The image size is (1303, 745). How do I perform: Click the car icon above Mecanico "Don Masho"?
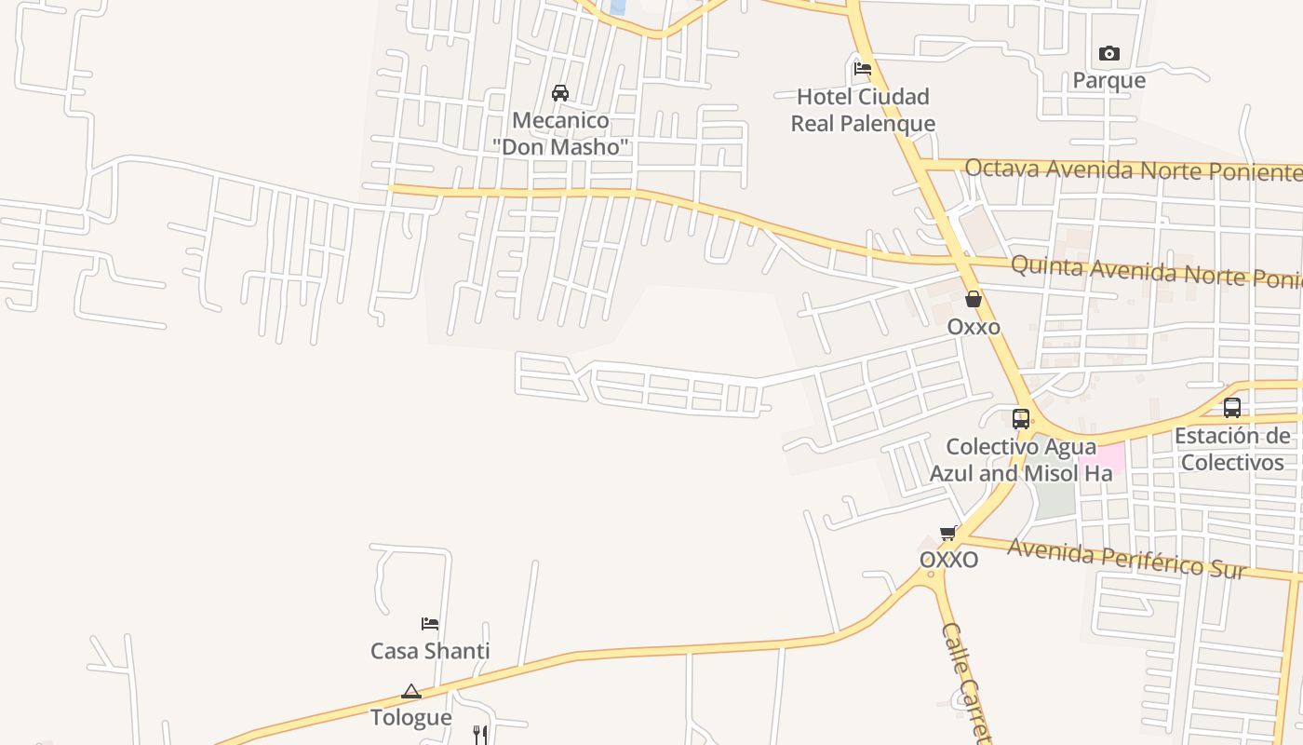[x=560, y=92]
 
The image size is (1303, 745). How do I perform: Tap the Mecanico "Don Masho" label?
[x=561, y=133]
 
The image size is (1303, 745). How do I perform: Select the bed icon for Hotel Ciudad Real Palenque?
[x=863, y=68]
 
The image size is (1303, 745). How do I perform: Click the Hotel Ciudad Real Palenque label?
[x=863, y=110]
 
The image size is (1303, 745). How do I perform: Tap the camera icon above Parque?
[x=1108, y=53]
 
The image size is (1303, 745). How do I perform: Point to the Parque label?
[x=1108, y=80]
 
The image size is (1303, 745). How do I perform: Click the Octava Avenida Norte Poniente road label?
[x=1132, y=169]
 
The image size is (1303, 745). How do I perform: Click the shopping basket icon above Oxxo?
[x=974, y=299]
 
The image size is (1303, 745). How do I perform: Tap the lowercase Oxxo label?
[x=974, y=327]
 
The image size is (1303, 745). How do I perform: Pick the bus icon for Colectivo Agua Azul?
[x=1021, y=418]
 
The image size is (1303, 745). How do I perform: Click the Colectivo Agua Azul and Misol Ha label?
[x=1021, y=460]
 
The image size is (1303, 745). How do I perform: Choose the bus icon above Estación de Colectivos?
[x=1232, y=407]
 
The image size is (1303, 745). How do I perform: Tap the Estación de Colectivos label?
[x=1232, y=449]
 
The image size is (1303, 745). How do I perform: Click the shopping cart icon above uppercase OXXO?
[x=948, y=533]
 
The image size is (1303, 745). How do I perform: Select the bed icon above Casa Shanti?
[x=429, y=623]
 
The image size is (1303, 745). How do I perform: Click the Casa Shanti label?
[x=430, y=651]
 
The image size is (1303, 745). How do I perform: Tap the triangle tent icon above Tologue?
[x=410, y=691]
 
